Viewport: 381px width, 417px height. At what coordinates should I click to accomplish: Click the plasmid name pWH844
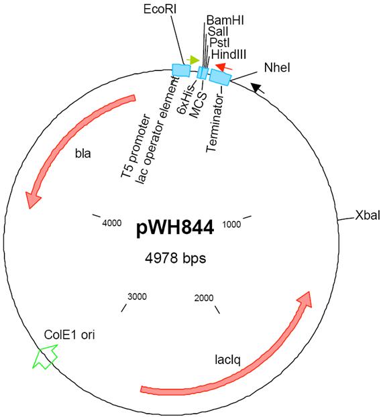pyautogui.click(x=175, y=228)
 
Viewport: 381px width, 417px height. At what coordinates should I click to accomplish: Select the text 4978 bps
pyautogui.click(x=175, y=258)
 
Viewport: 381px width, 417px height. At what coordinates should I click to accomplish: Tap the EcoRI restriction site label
pyautogui.click(x=160, y=9)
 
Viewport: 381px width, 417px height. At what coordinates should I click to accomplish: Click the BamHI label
pyautogui.click(x=225, y=20)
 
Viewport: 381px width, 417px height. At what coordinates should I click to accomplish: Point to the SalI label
pyautogui.click(x=218, y=32)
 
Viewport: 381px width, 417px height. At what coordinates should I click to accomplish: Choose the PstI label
pyautogui.click(x=219, y=42)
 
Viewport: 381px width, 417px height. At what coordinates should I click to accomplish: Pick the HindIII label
pyautogui.click(x=229, y=54)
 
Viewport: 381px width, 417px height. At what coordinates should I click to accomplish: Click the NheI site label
pyautogui.click(x=277, y=68)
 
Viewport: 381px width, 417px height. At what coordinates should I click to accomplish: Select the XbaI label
pyautogui.click(x=368, y=215)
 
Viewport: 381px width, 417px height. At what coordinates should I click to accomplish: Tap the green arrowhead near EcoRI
pyautogui.click(x=193, y=60)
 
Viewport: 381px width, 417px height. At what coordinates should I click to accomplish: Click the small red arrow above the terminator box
pyautogui.click(x=224, y=67)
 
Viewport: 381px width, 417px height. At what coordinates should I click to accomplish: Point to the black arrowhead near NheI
pyautogui.click(x=258, y=88)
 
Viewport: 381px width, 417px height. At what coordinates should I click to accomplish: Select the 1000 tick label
pyautogui.click(x=231, y=225)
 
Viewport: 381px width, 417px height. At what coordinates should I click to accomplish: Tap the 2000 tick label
pyautogui.click(x=204, y=298)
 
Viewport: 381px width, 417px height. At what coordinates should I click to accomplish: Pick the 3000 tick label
pyautogui.click(x=137, y=296)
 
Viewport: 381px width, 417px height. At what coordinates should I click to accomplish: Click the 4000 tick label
pyautogui.click(x=112, y=223)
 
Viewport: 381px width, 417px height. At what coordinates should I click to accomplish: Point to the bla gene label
pyautogui.click(x=83, y=154)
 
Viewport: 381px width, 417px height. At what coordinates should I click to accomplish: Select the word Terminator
pyautogui.click(x=215, y=124)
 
